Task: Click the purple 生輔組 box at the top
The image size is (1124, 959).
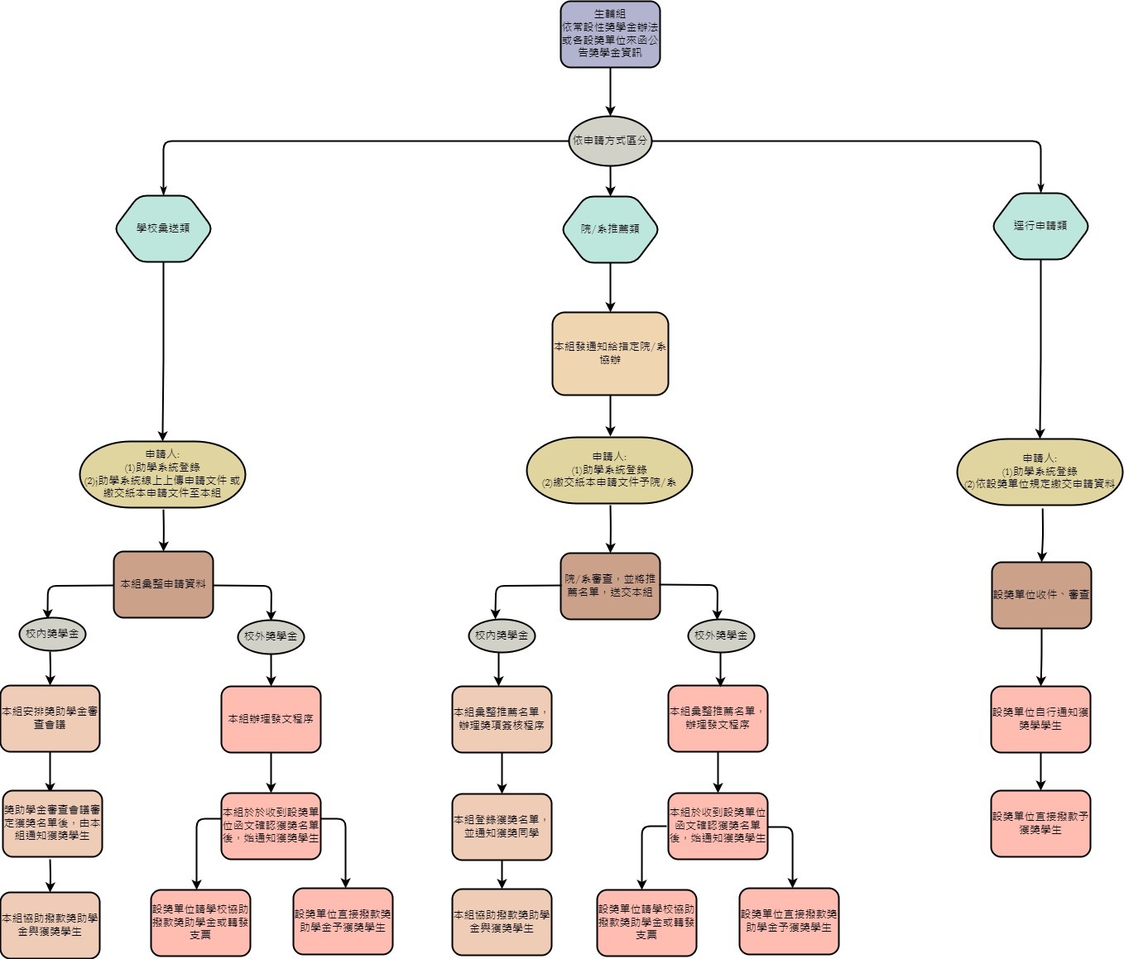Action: point(610,34)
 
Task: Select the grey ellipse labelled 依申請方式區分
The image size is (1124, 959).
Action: point(610,141)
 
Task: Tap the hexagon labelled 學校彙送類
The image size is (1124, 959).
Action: point(163,228)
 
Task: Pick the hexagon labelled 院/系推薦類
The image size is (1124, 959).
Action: point(610,229)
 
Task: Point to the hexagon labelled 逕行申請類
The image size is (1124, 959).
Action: point(1040,226)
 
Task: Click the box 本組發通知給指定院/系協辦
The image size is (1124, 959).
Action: point(610,353)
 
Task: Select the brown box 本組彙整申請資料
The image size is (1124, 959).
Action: point(163,584)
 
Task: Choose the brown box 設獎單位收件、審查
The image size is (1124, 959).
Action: point(1041,595)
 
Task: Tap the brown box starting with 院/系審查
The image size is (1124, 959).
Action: point(610,586)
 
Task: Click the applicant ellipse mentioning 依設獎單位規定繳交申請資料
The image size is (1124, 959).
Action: point(1040,472)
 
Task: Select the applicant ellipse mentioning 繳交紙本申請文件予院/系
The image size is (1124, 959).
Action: point(610,470)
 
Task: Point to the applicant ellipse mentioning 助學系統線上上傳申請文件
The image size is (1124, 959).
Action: point(163,474)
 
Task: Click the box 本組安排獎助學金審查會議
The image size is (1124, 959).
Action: point(50,718)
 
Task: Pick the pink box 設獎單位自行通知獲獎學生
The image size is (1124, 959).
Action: point(1040,719)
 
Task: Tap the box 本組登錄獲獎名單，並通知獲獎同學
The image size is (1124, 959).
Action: point(502,827)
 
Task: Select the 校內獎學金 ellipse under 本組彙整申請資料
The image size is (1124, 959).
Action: point(51,635)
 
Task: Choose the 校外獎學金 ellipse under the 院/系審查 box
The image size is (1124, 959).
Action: point(720,635)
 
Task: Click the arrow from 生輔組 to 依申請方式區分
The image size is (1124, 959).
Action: point(610,92)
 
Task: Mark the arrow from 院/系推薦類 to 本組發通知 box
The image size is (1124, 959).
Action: point(610,287)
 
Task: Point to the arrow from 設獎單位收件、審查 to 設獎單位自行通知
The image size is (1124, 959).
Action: point(1041,657)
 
